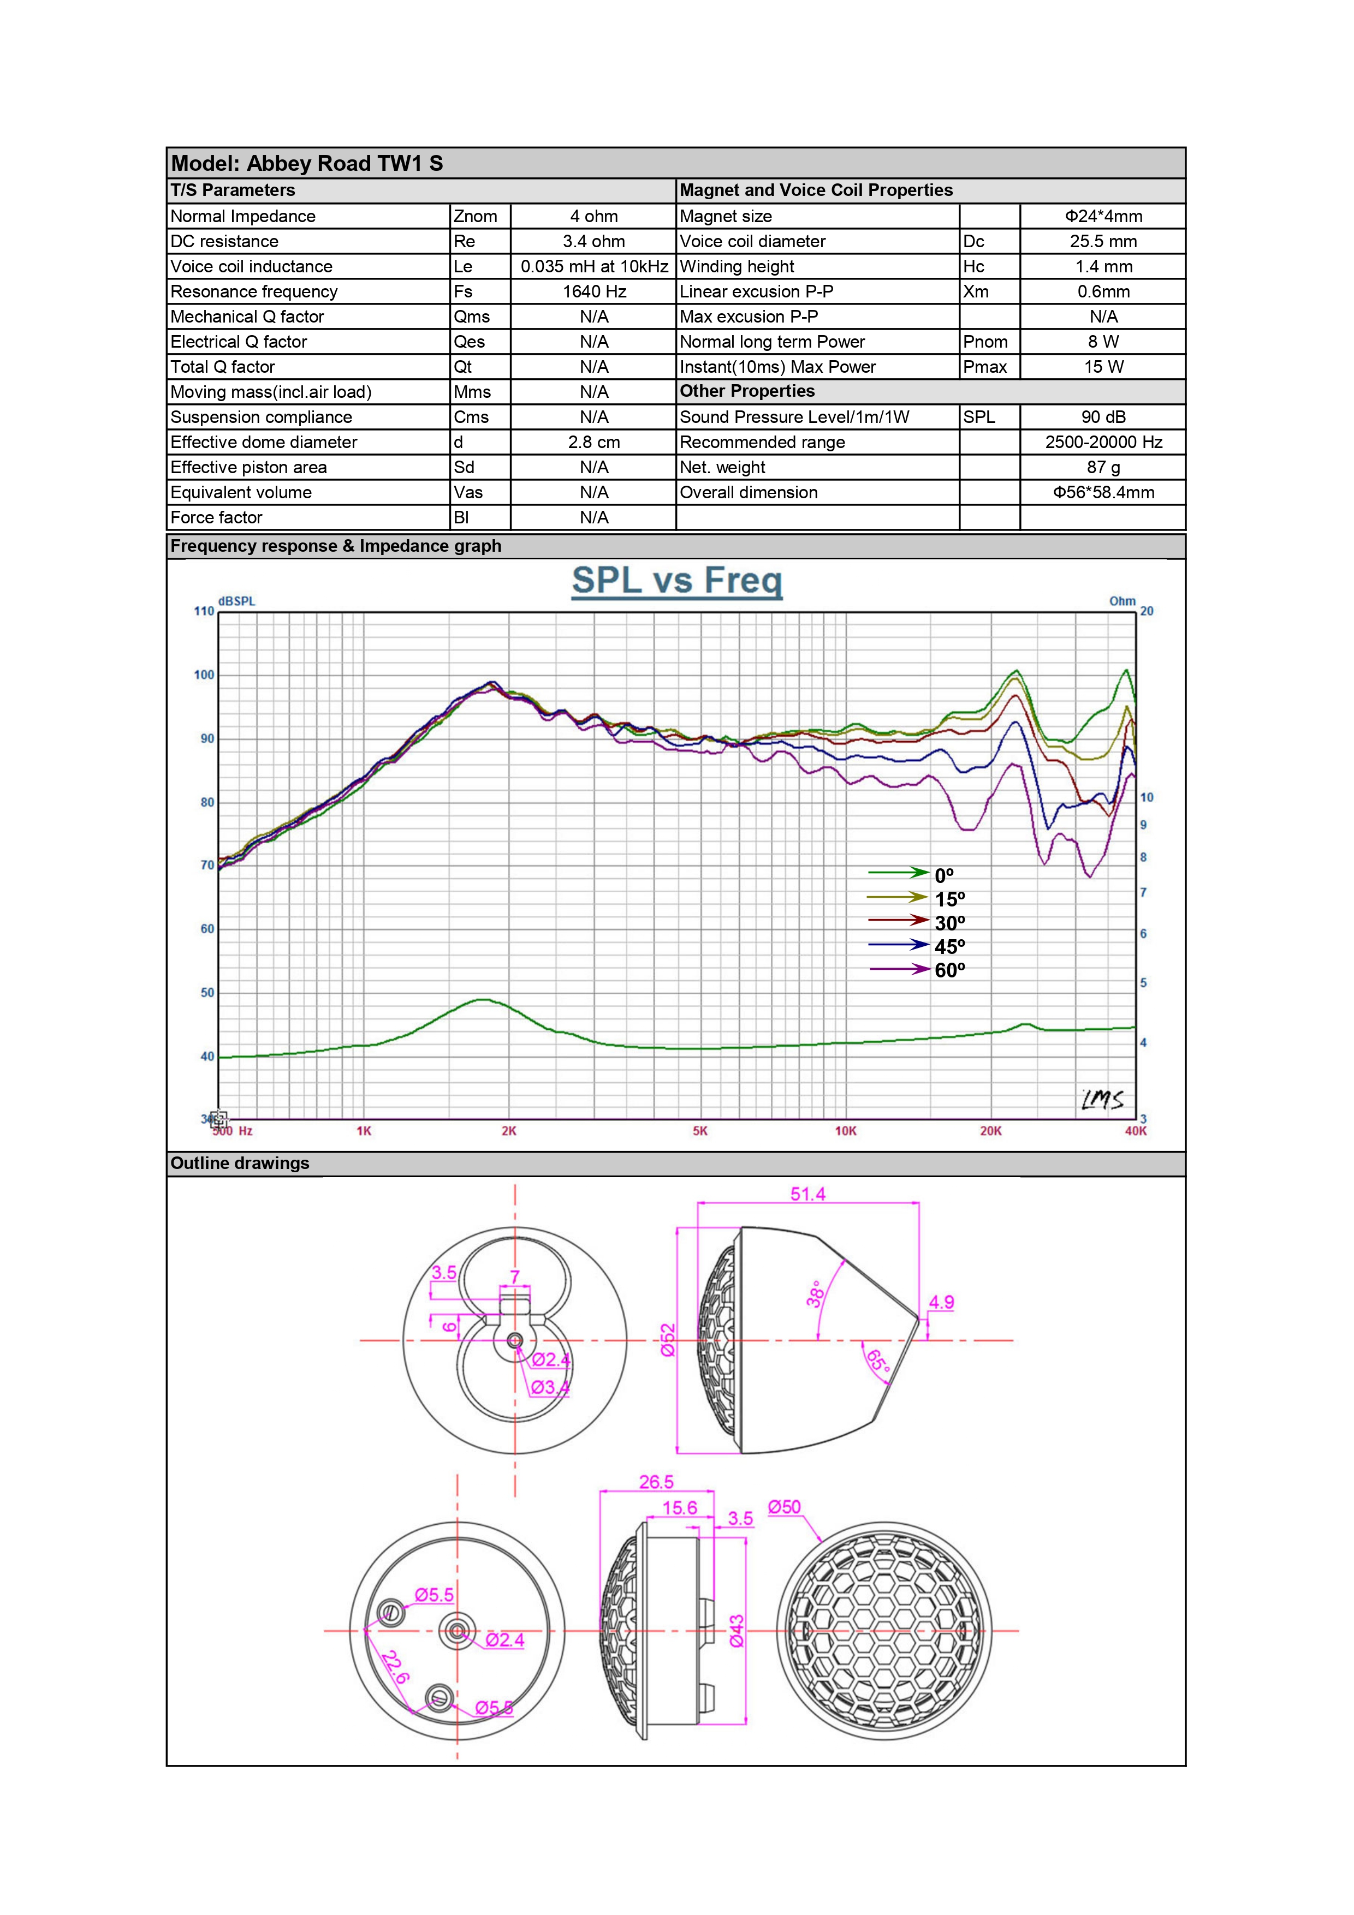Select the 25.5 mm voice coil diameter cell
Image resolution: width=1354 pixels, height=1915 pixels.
[x=1102, y=241]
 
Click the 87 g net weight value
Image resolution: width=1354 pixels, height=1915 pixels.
[x=1102, y=467]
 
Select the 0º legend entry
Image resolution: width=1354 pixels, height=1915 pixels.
[x=943, y=875]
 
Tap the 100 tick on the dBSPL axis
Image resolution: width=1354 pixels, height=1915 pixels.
[x=204, y=675]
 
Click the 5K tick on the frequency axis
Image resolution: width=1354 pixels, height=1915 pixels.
[x=700, y=1131]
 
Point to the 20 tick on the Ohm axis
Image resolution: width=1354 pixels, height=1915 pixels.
[x=1147, y=611]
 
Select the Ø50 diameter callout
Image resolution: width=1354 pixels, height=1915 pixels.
[x=783, y=1507]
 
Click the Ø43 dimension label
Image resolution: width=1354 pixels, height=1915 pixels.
[x=737, y=1631]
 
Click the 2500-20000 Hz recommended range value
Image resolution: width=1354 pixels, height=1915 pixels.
[x=1102, y=442]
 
